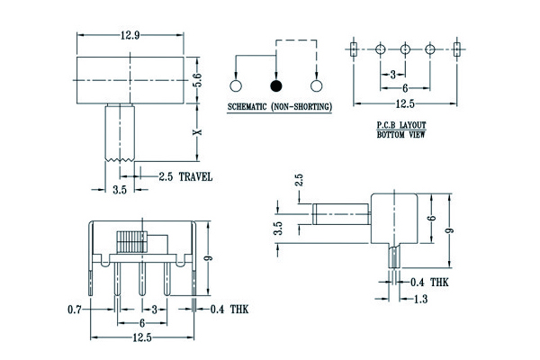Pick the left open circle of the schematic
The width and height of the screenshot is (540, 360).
(x=237, y=86)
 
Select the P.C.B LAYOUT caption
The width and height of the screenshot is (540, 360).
(x=401, y=127)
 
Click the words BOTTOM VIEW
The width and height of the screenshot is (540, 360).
(x=401, y=135)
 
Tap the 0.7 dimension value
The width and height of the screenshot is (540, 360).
(x=76, y=310)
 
